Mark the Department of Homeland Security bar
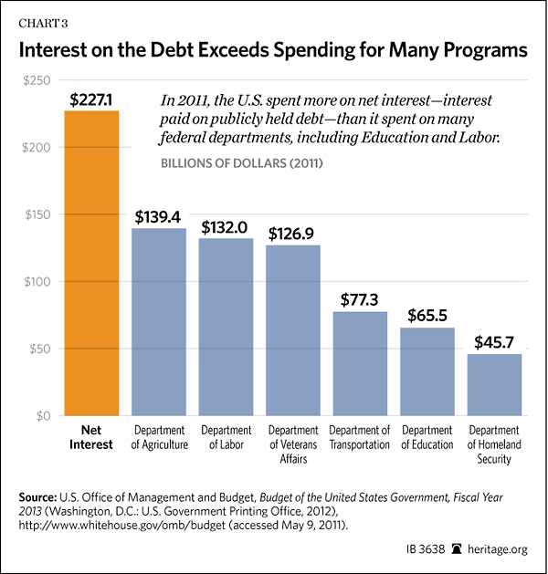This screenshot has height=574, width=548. coord(494,384)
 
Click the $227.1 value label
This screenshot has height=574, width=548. coord(91,98)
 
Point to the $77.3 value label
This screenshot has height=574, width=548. coord(360,299)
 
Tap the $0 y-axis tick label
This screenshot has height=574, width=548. coord(42,416)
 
